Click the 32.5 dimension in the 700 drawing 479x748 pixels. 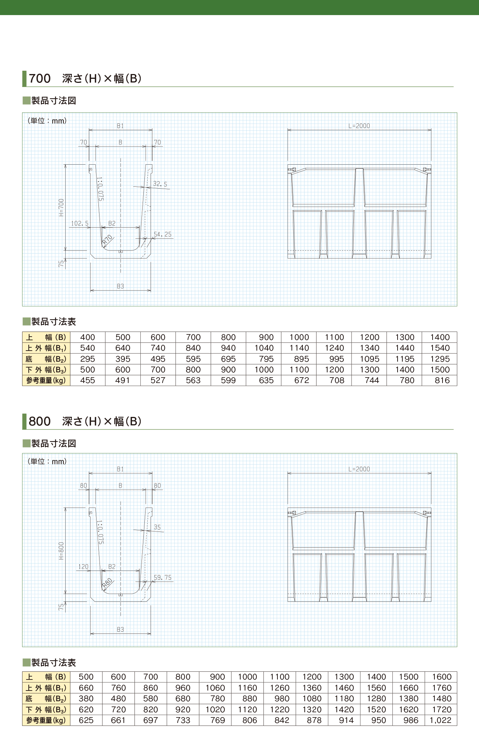(160, 184)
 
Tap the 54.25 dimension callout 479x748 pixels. (162, 234)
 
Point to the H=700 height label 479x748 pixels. (61, 207)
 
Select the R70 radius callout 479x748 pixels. (107, 240)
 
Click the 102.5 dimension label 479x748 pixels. (80, 223)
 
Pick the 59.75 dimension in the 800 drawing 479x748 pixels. (162, 577)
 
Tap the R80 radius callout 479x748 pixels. (107, 583)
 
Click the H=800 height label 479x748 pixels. (61, 551)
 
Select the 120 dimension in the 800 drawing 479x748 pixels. (83, 566)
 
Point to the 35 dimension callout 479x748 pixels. (157, 527)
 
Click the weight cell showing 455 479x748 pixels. (88, 380)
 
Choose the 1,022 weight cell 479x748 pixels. (441, 720)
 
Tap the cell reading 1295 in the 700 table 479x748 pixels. (440, 359)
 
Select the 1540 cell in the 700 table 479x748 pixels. (440, 348)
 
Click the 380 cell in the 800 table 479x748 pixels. (86, 698)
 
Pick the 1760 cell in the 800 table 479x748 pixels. (441, 688)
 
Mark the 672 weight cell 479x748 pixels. (301, 380)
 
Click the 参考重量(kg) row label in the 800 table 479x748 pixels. (46, 720)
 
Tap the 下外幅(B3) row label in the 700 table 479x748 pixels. (46, 370)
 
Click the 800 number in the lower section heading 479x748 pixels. (40, 421)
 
